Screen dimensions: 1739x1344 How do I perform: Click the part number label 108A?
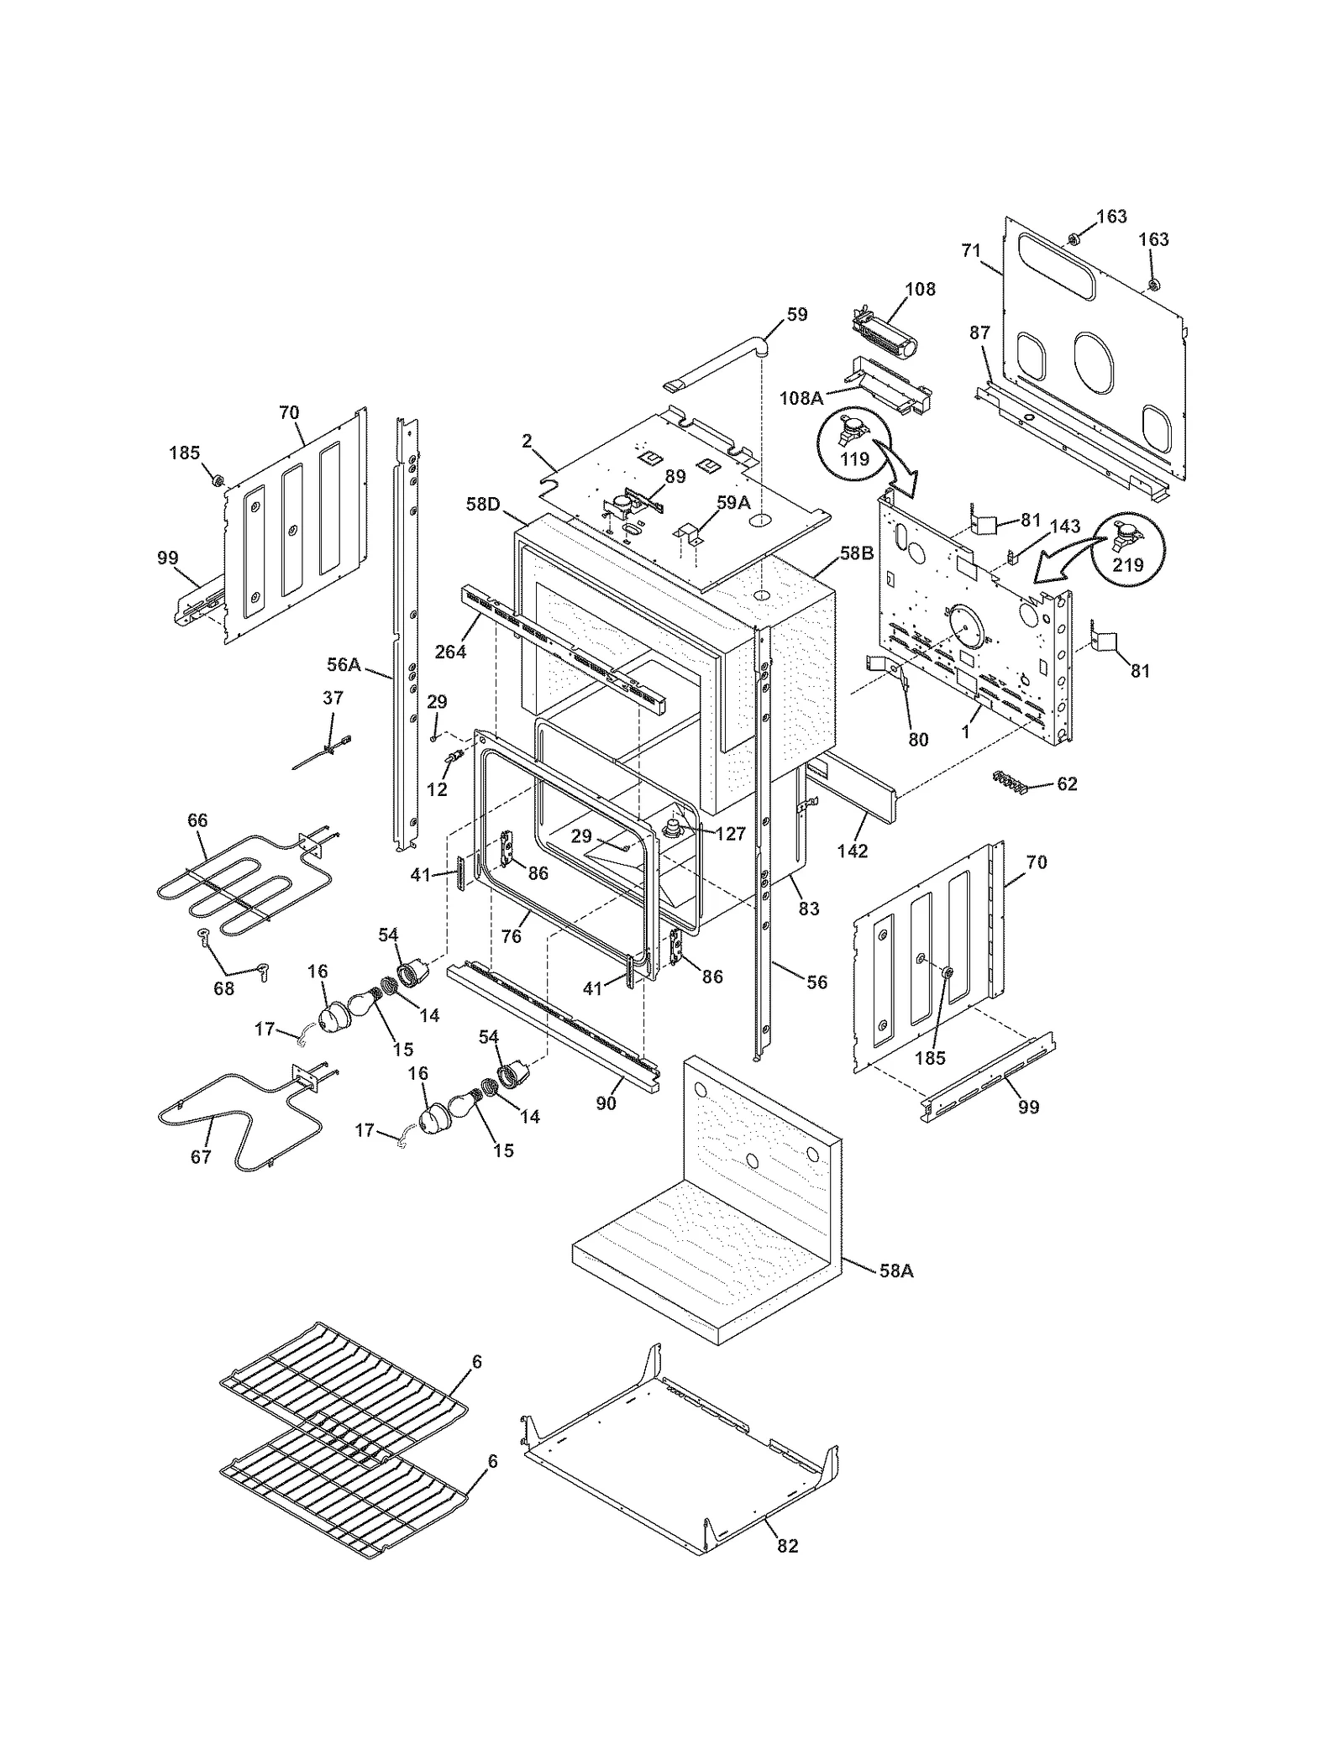pyautogui.click(x=800, y=398)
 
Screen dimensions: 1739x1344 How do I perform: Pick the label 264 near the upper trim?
pyautogui.click(x=450, y=651)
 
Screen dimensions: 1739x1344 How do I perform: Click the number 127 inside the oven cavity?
pyautogui.click(x=731, y=835)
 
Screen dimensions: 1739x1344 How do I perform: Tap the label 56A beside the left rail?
pyautogui.click(x=344, y=664)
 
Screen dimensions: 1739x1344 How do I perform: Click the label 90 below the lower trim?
pyautogui.click(x=606, y=1103)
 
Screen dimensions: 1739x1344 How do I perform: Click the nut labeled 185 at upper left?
pyautogui.click(x=216, y=480)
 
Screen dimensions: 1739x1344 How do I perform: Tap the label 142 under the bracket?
pyautogui.click(x=852, y=851)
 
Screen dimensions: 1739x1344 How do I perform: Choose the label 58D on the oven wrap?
pyautogui.click(x=483, y=504)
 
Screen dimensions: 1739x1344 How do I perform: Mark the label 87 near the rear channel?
pyautogui.click(x=979, y=333)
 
